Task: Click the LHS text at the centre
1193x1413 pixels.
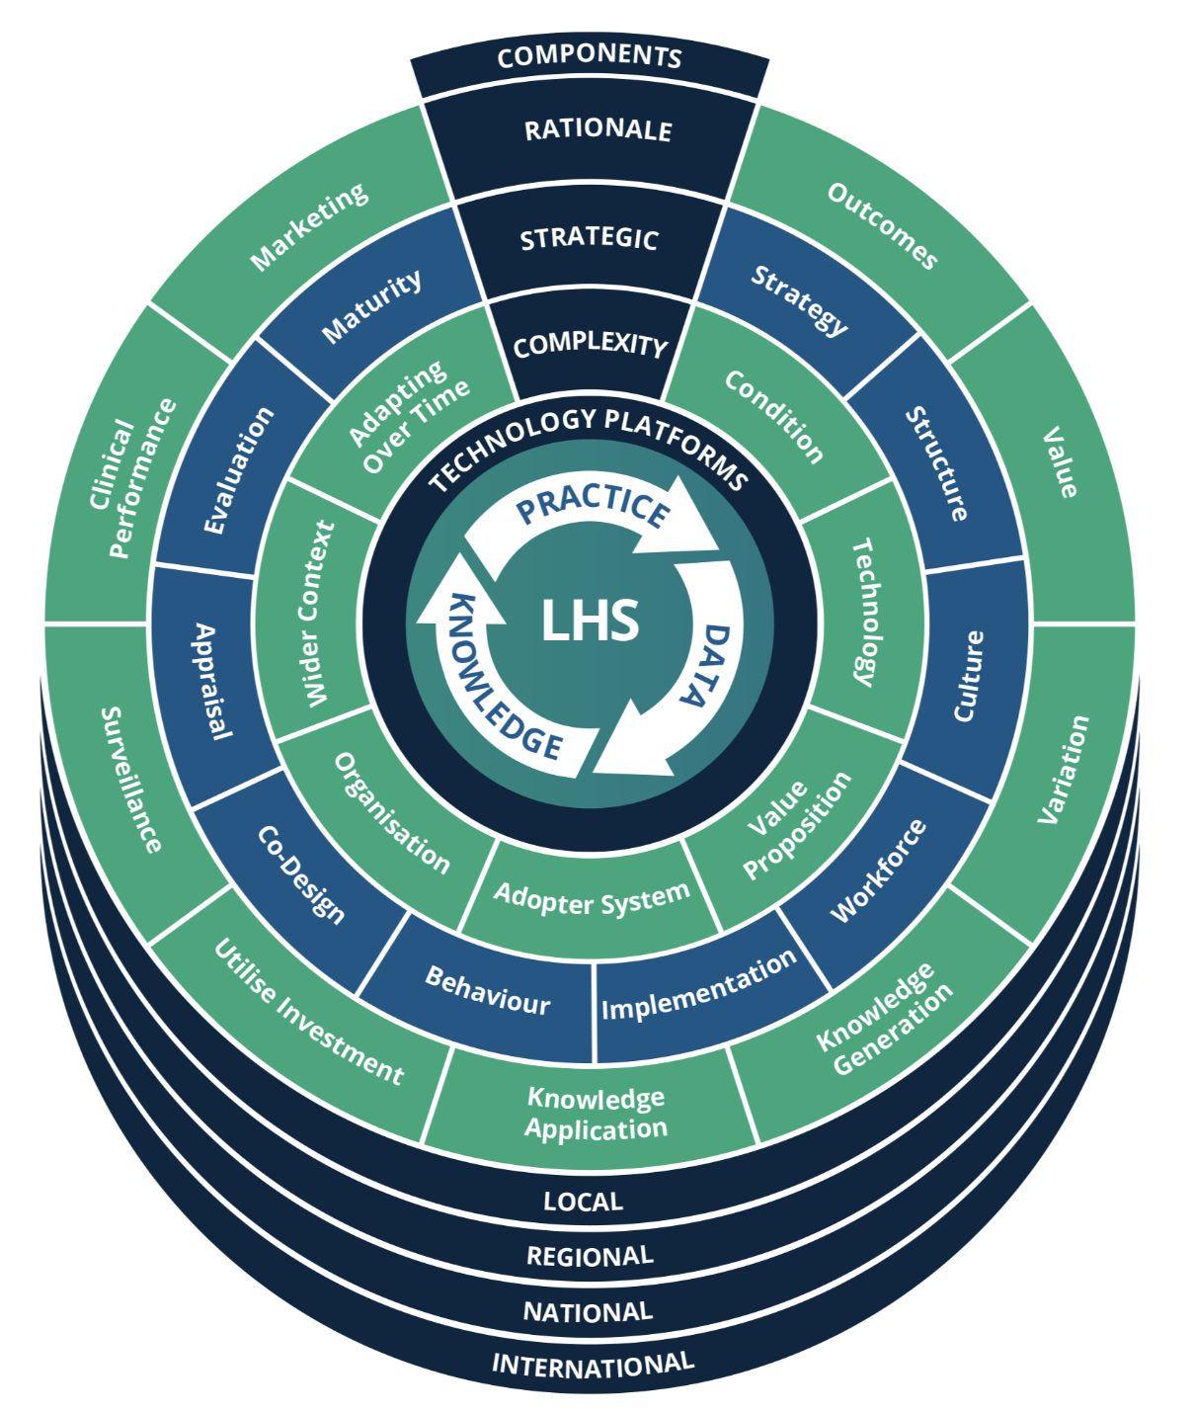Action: coord(590,621)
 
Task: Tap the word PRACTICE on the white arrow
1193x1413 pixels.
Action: coord(594,505)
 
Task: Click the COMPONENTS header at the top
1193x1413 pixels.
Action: coord(590,57)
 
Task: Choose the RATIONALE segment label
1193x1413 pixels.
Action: coord(597,129)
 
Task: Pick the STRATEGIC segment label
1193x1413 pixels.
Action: coord(589,238)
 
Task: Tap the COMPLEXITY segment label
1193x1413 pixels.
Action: coord(590,344)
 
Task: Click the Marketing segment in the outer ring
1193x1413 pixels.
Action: coord(309,226)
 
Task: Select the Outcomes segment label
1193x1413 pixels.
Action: coord(882,226)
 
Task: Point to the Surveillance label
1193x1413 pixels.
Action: coord(131,781)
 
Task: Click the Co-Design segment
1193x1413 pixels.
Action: coord(301,875)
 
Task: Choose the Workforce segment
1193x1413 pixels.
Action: coord(878,871)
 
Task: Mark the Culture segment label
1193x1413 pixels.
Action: coord(968,676)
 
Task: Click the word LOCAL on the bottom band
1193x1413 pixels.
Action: coord(583,1202)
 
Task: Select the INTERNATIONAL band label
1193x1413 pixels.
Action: coord(593,1365)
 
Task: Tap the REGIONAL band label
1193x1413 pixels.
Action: coord(589,1256)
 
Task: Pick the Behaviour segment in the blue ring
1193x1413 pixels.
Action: coord(487,990)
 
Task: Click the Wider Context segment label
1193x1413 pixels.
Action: coord(315,614)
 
